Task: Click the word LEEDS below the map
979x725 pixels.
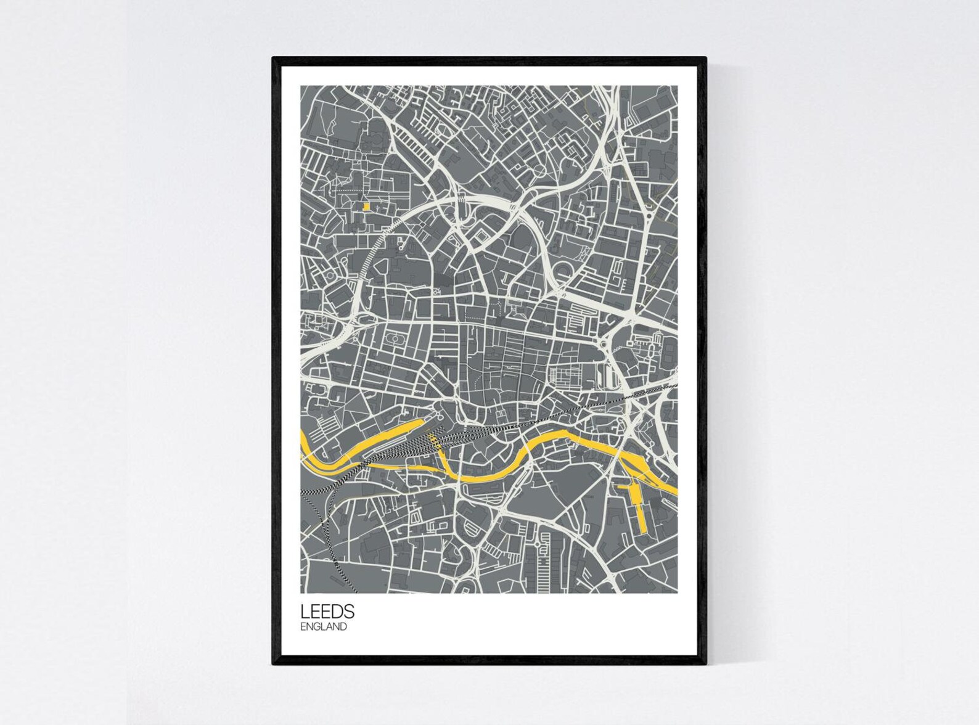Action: click(x=327, y=611)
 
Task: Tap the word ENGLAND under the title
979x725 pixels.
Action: click(x=323, y=627)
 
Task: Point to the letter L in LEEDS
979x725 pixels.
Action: click(x=304, y=611)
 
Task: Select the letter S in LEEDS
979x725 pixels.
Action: click(x=349, y=611)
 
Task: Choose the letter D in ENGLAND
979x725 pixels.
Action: click(x=343, y=627)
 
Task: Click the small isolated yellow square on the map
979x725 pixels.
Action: click(x=366, y=207)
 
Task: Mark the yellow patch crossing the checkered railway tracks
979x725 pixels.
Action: click(x=434, y=438)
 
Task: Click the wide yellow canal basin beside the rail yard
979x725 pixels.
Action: click(x=395, y=430)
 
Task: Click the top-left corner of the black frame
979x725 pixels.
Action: click(x=274, y=59)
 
